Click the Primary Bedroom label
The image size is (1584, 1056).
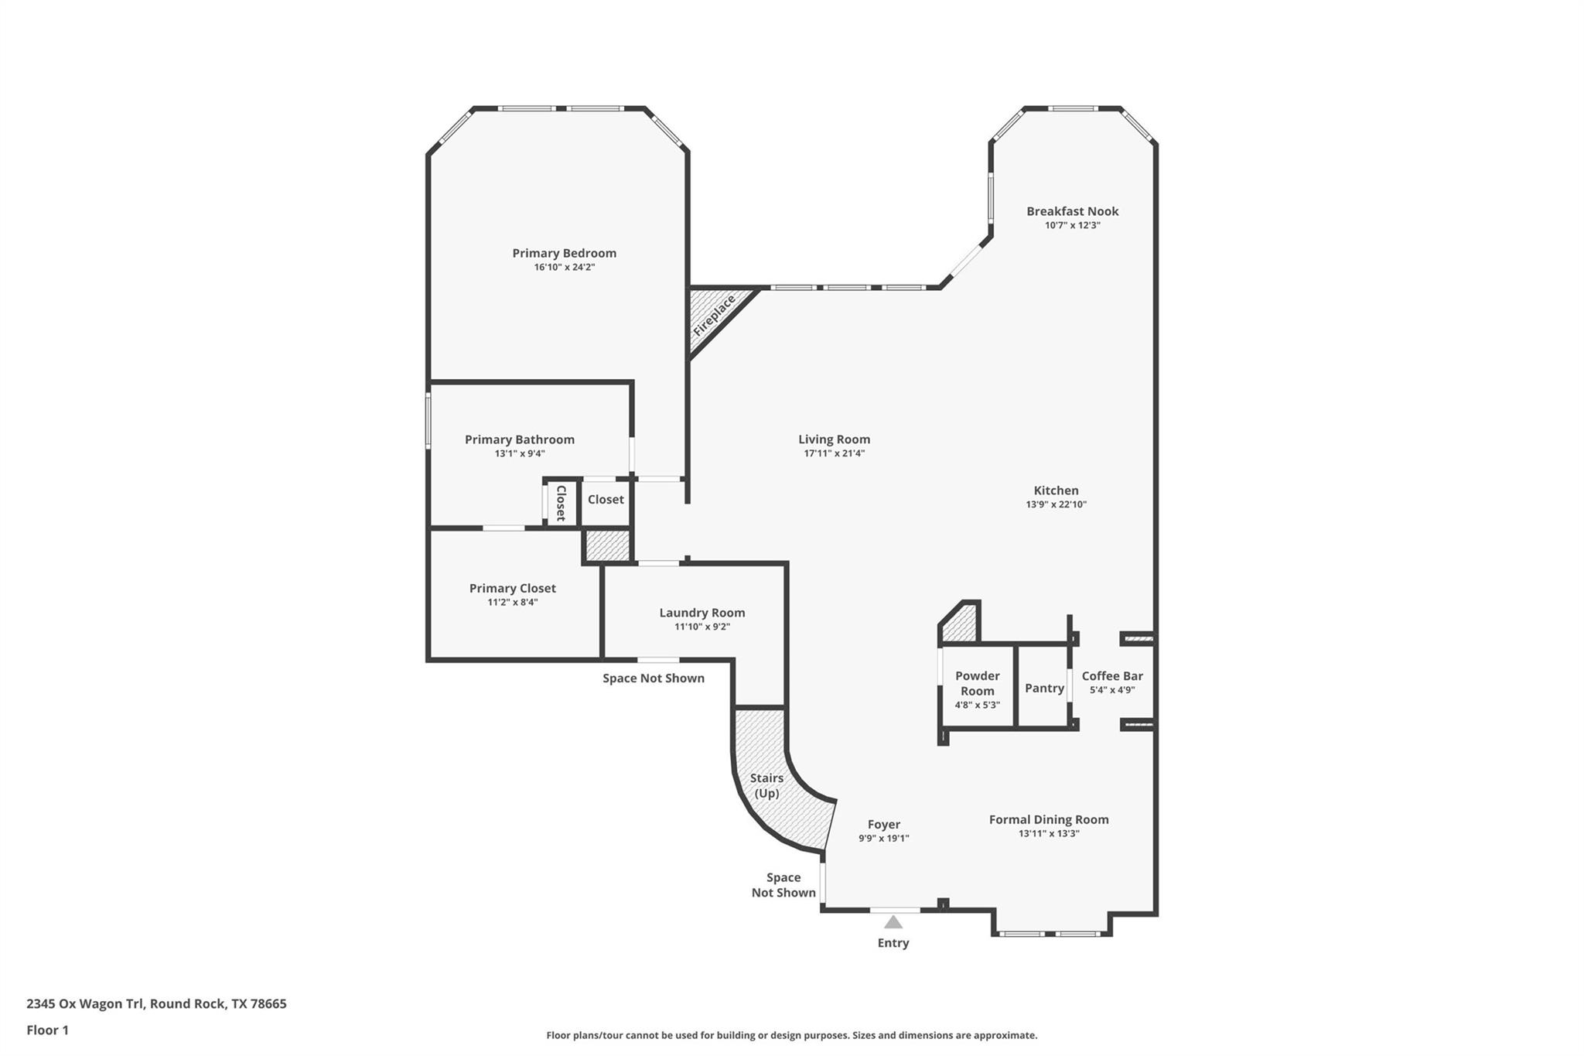(564, 253)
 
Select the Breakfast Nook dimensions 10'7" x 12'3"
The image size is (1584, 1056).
(1072, 226)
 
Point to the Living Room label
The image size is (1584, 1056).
(834, 439)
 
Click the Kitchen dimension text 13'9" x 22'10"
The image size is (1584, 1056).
(1056, 504)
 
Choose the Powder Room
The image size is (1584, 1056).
(977, 689)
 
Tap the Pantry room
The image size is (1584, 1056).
(1043, 689)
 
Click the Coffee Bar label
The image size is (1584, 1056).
(1111, 676)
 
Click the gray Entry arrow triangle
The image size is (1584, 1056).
(893, 922)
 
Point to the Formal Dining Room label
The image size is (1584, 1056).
(1048, 819)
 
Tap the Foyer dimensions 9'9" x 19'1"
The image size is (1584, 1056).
(883, 839)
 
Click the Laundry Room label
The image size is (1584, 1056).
(702, 613)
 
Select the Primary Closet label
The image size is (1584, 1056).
(512, 588)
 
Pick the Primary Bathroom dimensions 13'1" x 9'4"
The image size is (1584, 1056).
(520, 454)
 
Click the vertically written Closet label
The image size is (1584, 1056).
(561, 503)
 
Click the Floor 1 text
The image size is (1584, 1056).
(47, 1030)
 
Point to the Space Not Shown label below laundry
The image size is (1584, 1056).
(653, 678)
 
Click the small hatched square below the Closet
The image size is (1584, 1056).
(607, 545)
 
